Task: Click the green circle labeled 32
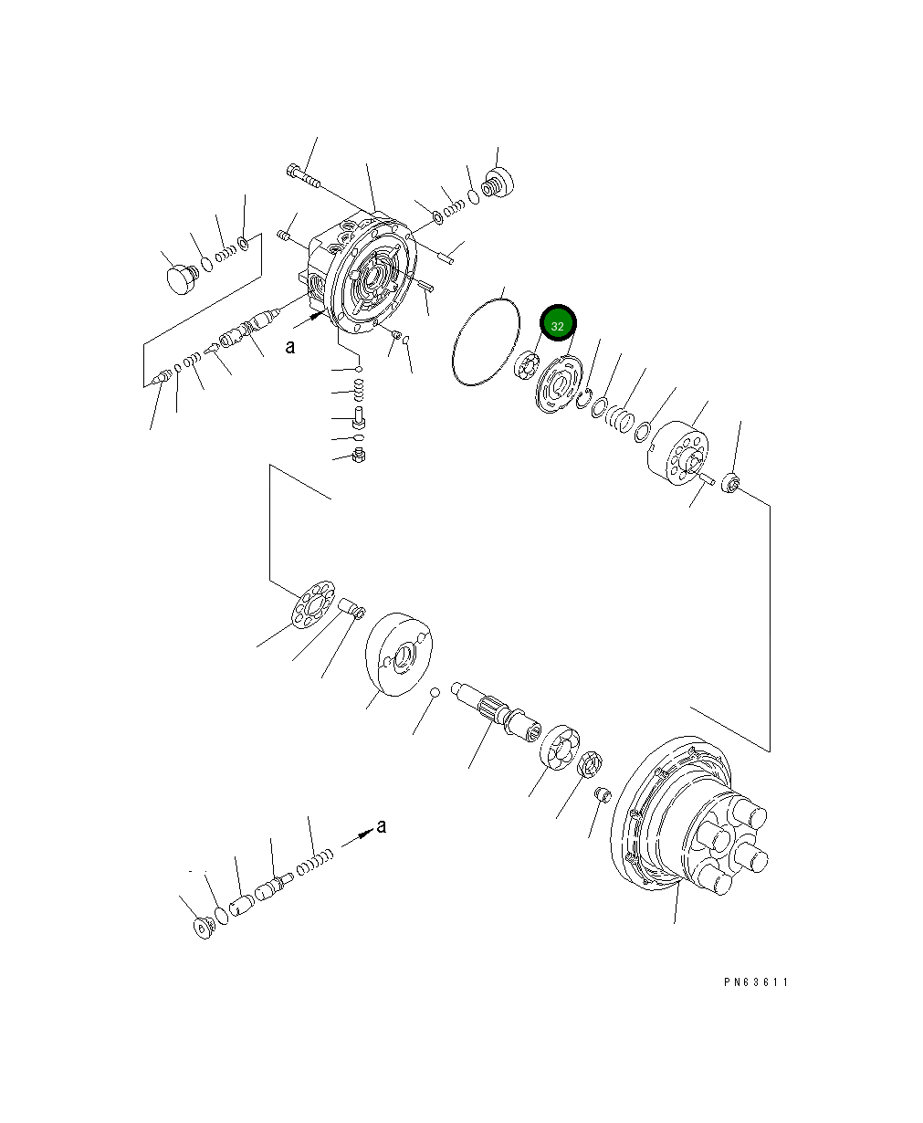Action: coord(558,325)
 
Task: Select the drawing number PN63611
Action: coord(755,982)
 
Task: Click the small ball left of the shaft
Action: coord(435,692)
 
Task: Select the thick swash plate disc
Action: coord(398,653)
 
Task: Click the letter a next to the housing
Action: coord(289,347)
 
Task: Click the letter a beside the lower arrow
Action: coord(382,826)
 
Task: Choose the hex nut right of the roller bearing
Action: coord(590,761)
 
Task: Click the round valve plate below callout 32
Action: coord(557,389)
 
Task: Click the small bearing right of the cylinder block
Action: coord(730,483)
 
